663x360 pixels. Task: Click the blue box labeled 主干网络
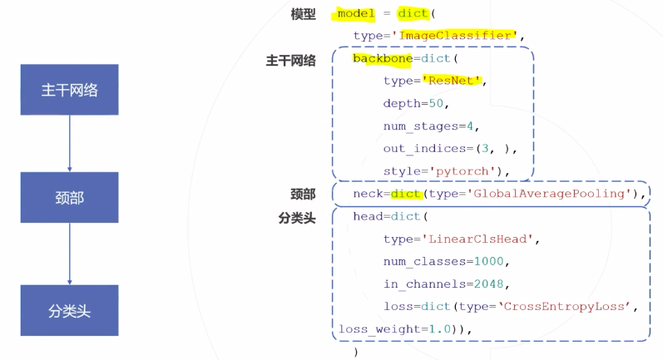tap(69, 90)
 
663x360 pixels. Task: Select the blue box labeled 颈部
tap(69, 197)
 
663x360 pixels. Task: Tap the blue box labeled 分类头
tap(69, 311)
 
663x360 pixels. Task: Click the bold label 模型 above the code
tap(303, 14)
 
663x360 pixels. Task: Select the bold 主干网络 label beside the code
tap(290, 61)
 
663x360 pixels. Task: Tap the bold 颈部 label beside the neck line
tap(303, 194)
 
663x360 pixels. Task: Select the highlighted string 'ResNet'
tap(453, 81)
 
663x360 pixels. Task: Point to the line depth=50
tap(416, 103)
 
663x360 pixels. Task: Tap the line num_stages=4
tap(431, 126)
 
